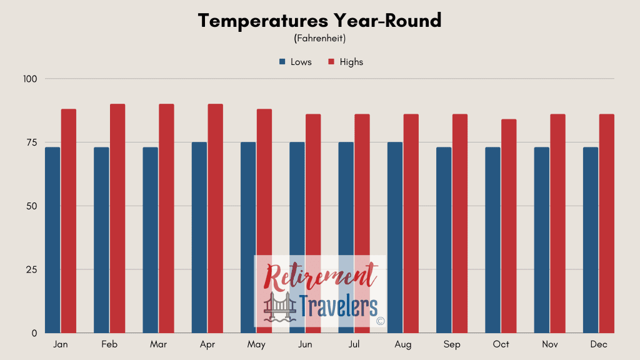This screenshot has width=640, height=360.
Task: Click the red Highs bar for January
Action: click(x=69, y=221)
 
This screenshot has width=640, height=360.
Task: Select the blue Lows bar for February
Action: click(x=101, y=240)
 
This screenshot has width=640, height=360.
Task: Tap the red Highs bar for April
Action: click(x=216, y=218)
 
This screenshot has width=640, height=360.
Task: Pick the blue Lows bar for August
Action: click(x=395, y=237)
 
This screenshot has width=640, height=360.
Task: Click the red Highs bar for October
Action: click(x=509, y=226)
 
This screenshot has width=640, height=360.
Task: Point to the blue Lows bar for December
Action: click(x=591, y=240)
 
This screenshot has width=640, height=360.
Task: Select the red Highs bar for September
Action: click(x=460, y=224)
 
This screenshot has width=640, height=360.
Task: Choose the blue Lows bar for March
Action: click(x=150, y=240)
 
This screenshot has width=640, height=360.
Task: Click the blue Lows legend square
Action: click(x=282, y=62)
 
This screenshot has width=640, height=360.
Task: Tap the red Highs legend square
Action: click(x=331, y=62)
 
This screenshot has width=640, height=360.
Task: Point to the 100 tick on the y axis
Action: click(x=30, y=79)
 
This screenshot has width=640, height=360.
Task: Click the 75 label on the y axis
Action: click(x=32, y=142)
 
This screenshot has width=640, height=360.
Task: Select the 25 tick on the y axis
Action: click(x=32, y=269)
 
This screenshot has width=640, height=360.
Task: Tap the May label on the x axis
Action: click(x=256, y=345)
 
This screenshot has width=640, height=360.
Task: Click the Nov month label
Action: click(x=550, y=344)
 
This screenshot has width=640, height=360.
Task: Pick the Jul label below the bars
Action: click(x=354, y=344)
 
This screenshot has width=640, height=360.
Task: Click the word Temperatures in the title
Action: click(x=263, y=21)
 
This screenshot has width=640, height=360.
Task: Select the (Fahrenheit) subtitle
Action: click(x=320, y=38)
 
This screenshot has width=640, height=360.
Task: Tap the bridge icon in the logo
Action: click(x=280, y=306)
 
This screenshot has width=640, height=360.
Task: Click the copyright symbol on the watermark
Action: click(x=381, y=321)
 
